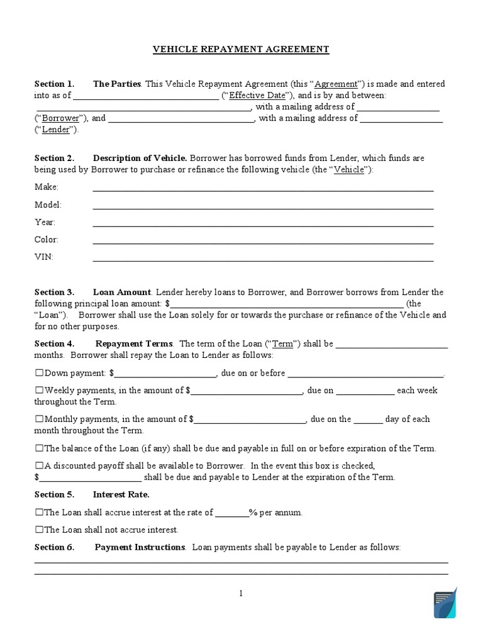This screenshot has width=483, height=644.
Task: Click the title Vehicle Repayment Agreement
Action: click(x=241, y=49)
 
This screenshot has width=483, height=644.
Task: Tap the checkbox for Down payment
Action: click(x=39, y=373)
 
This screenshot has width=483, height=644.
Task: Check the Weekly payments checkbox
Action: click(x=39, y=391)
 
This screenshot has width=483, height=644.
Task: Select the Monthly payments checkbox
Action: click(x=39, y=419)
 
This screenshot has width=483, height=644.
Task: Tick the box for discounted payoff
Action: click(x=39, y=466)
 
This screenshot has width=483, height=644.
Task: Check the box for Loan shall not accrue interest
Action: click(x=39, y=530)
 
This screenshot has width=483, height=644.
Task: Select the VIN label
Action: click(x=43, y=257)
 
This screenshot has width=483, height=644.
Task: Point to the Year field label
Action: click(x=45, y=222)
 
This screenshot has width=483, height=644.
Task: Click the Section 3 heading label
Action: click(x=54, y=292)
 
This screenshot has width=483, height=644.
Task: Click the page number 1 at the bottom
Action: click(x=241, y=593)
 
